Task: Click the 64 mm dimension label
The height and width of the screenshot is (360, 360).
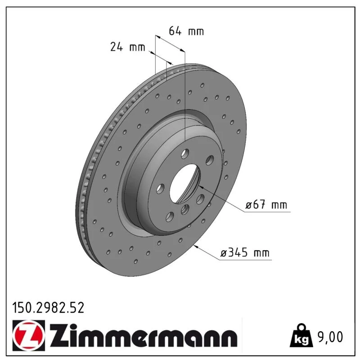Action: (186, 31)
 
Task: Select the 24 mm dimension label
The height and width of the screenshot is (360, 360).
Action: (128, 47)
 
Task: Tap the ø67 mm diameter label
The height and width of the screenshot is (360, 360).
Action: (266, 204)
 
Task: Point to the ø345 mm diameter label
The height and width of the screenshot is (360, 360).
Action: (245, 252)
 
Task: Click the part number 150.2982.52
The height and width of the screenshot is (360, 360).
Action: (48, 308)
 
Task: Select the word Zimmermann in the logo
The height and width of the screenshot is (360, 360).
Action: (144, 336)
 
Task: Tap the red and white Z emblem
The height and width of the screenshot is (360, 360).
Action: (29, 335)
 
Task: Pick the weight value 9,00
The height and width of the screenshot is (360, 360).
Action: (330, 337)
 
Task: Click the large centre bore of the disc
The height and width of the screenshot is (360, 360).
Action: (185, 184)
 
